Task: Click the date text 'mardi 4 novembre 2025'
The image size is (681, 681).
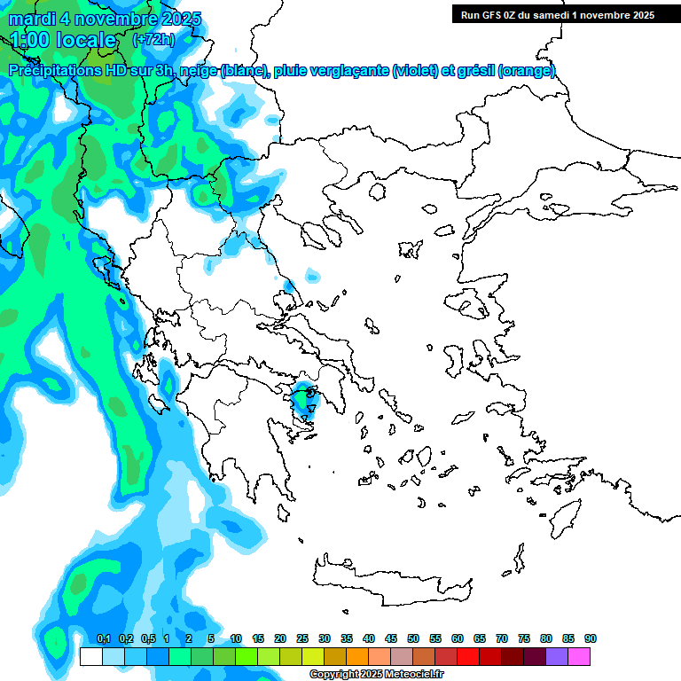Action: coord(105,19)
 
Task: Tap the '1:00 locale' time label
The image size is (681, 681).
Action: coord(63,40)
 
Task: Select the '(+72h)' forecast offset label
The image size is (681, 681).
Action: coord(153,40)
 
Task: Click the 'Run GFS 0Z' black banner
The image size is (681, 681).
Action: coord(554,14)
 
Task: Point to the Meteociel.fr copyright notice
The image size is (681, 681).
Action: coord(377,675)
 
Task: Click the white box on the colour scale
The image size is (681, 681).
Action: coord(90,657)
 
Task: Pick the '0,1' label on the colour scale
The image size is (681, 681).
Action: coord(103,639)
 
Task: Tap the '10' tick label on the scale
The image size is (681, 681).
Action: coord(236,639)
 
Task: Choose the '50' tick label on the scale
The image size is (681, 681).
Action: coord(413,639)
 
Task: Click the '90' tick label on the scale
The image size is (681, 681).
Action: coord(591,639)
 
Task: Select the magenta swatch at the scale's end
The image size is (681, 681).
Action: coord(579,657)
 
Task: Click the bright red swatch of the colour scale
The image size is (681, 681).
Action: coord(468,657)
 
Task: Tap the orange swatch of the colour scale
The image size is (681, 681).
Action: coord(357,657)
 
